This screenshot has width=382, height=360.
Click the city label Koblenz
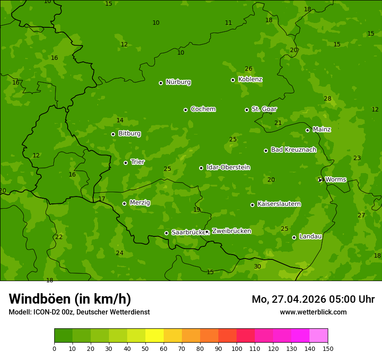[250, 79]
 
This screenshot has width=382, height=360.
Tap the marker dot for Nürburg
[161, 83]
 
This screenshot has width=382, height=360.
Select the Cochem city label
[203, 109]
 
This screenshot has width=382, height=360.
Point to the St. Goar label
[264, 109]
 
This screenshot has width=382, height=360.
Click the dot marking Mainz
[307, 130]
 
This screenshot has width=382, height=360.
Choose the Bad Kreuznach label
[293, 150]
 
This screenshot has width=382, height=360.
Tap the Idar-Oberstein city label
[228, 167]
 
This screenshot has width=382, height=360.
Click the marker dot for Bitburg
[113, 134]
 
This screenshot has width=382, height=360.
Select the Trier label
[138, 162]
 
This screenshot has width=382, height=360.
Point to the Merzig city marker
[124, 203]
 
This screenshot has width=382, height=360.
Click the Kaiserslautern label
[279, 204]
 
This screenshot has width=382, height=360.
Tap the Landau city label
[310, 236]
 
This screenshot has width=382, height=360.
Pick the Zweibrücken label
[231, 231]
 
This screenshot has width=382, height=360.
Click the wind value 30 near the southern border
[257, 266]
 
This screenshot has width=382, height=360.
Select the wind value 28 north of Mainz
[327, 98]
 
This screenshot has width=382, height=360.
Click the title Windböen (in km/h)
[70, 299]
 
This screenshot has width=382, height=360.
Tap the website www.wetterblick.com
[313, 312]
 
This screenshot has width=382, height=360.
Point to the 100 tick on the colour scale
[237, 348]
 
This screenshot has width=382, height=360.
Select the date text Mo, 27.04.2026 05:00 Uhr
[313, 299]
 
